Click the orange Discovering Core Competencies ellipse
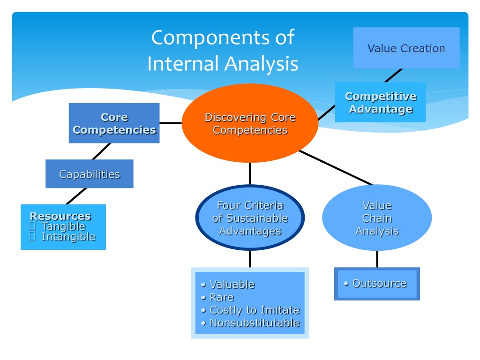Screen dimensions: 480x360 pos(250,123)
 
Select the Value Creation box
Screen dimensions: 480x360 pos(406,48)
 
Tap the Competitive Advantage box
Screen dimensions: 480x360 pos(381,102)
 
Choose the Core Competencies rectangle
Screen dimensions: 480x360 pos(114,123)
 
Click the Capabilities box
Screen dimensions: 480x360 pos(90,173)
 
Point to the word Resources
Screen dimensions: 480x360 pos(60,216)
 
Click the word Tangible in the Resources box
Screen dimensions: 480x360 pos(64,226)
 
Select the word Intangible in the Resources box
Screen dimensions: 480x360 pos(68,237)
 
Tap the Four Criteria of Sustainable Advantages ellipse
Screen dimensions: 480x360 pos(250,217)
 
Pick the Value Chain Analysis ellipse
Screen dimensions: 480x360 pos(377,217)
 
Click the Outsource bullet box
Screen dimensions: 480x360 pos(377,284)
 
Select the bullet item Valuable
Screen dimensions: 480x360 pos(228,285)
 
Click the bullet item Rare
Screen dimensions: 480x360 pos(217,297)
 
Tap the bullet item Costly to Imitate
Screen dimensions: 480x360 pos(250,310)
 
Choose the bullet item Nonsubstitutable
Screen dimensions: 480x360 pos(250,323)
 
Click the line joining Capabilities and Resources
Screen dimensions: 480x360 pos(76,196)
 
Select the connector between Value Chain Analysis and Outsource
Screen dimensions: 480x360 pos(377,259)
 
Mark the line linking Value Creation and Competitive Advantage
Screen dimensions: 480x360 pos(393,75)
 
